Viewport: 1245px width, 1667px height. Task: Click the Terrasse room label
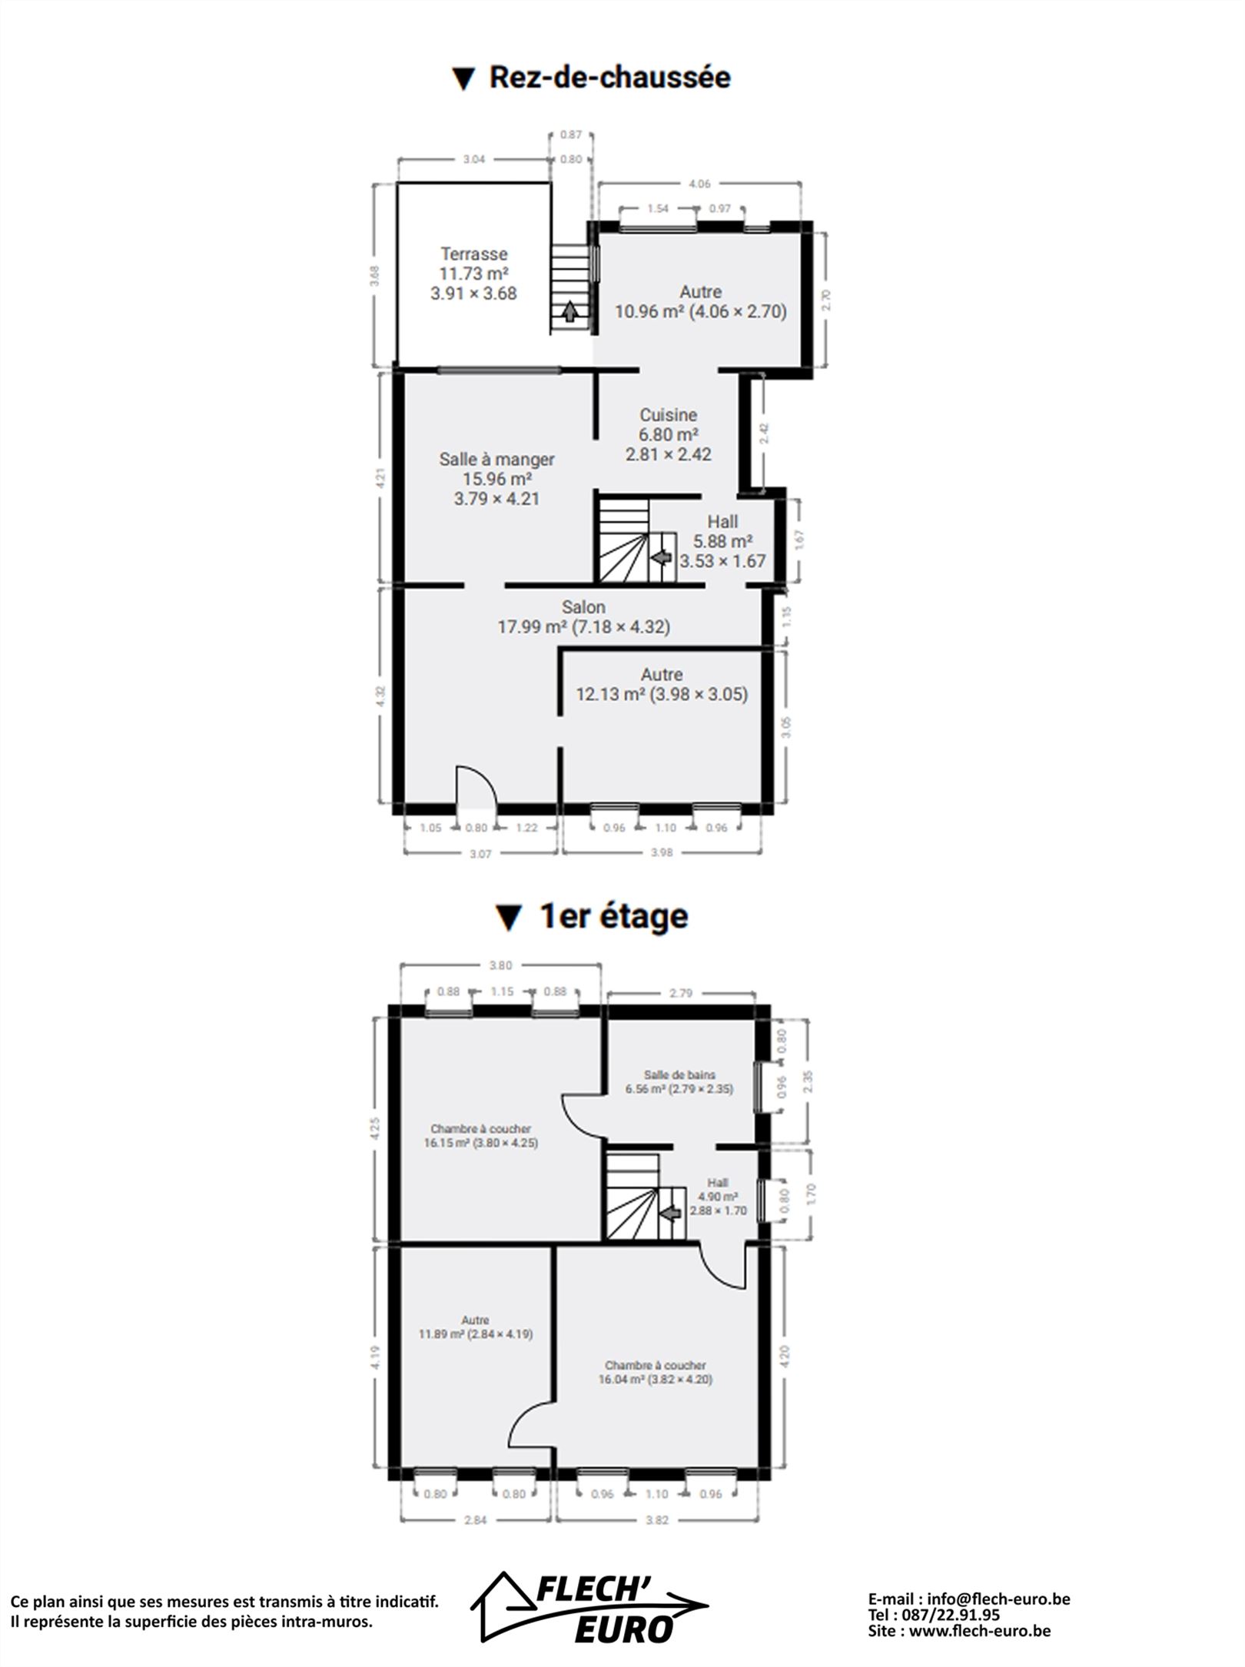[x=473, y=254]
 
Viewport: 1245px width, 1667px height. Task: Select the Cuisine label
[x=669, y=415]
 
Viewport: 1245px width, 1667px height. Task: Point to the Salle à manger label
[x=496, y=460]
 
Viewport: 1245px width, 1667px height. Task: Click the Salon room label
[x=583, y=607]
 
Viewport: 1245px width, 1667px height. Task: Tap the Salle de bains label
[x=679, y=1075]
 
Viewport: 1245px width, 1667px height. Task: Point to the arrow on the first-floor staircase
[x=671, y=1213]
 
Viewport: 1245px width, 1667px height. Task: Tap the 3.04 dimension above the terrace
[x=474, y=160]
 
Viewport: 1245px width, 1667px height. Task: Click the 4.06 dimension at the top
[x=699, y=184]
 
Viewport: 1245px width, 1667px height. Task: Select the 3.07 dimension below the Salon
[x=480, y=854]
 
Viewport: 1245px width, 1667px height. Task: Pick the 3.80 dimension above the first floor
[x=500, y=965]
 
